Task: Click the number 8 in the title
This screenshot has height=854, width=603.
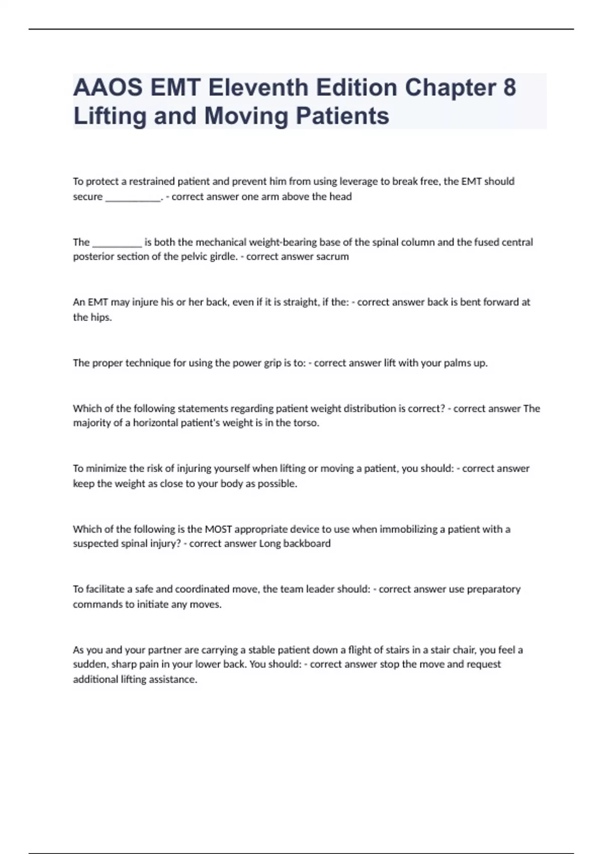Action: pos(509,87)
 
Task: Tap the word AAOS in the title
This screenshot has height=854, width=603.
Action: pos(108,87)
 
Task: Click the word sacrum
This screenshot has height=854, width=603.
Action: pos(332,257)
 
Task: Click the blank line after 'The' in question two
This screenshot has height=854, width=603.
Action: pos(117,243)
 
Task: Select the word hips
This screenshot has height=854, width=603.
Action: pos(101,317)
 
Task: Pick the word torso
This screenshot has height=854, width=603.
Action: pos(306,423)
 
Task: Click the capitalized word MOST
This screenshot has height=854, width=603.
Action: pos(218,529)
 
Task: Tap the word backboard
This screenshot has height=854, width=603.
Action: pos(307,544)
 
